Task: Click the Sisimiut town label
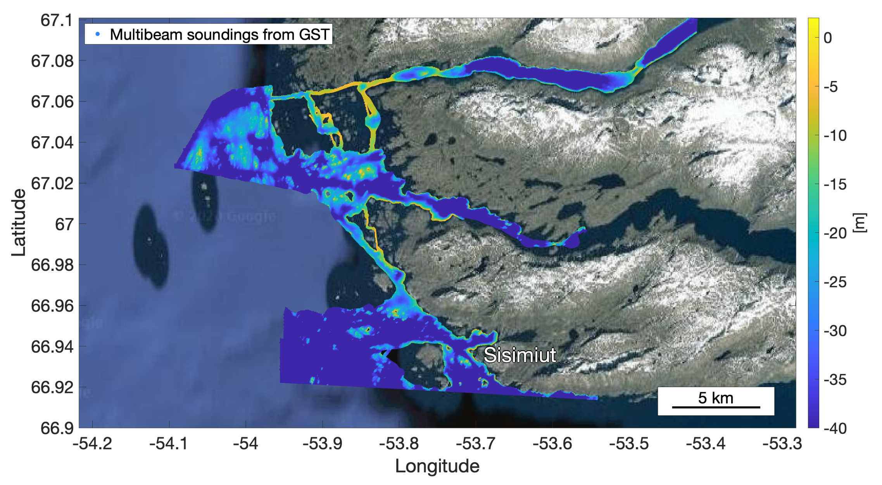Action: pyautogui.click(x=520, y=355)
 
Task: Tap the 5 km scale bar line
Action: pyautogui.click(x=716, y=407)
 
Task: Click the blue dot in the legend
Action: pyautogui.click(x=98, y=34)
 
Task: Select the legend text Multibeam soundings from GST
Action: pyautogui.click(x=219, y=35)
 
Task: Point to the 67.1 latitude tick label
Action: pyautogui.click(x=57, y=20)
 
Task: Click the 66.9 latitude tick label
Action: pyautogui.click(x=57, y=428)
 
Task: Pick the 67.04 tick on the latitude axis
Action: pyautogui.click(x=52, y=143)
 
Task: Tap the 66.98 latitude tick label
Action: pyautogui.click(x=52, y=265)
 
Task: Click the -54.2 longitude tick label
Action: pyautogui.click(x=92, y=443)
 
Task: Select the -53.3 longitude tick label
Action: pyautogui.click(x=782, y=443)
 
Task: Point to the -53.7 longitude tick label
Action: pyautogui.click(x=475, y=443)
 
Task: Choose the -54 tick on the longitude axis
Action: pyautogui.click(x=245, y=443)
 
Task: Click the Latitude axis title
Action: pyautogui.click(x=18, y=223)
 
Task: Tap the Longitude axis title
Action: pyautogui.click(x=437, y=466)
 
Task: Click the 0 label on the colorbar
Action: pyautogui.click(x=827, y=38)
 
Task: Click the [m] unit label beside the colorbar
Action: pyautogui.click(x=860, y=223)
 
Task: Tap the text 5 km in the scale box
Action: pyautogui.click(x=716, y=398)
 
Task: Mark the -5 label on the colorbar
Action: pyautogui.click(x=831, y=87)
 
